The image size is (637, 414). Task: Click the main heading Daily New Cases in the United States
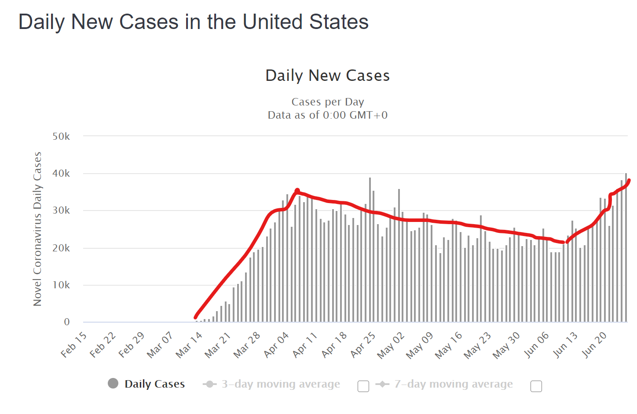tap(194, 22)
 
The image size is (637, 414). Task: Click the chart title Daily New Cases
tap(327, 76)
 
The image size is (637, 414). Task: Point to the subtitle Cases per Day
tap(328, 102)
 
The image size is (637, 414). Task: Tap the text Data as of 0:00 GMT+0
tap(328, 115)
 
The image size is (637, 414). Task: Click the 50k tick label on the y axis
tap(61, 137)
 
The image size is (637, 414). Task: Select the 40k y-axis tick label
tap(61, 174)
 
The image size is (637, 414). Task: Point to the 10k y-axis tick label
tap(61, 285)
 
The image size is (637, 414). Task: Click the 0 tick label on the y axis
tap(67, 322)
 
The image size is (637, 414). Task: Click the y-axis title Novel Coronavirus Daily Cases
tap(37, 229)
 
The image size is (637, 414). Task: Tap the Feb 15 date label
tap(74, 345)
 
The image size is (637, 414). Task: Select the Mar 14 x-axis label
tap(189, 345)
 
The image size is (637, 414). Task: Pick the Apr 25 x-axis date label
tap(363, 345)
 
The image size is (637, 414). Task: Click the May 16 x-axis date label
tap(449, 345)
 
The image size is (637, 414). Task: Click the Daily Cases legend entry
tap(154, 384)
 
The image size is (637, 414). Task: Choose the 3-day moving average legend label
tap(281, 384)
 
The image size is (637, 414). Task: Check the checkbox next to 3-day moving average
tap(363, 386)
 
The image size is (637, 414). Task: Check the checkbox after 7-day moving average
tap(536, 386)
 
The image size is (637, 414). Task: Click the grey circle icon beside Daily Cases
tap(113, 384)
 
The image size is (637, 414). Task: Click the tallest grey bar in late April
tap(370, 251)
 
